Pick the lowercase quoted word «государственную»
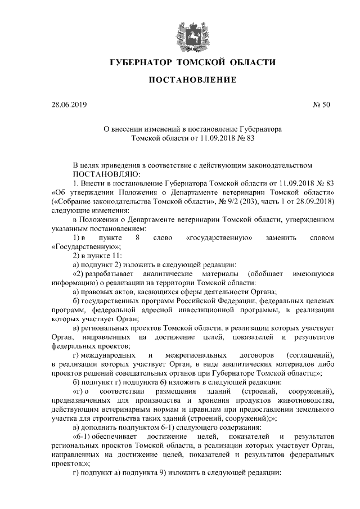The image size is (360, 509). [218, 238]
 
